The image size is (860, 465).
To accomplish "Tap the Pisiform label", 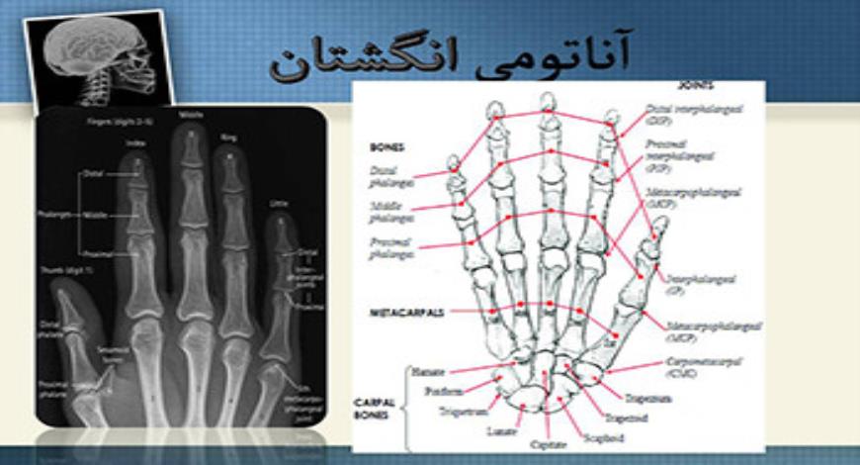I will [444, 391].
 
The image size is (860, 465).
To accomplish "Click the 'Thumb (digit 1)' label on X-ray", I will [66, 269].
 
